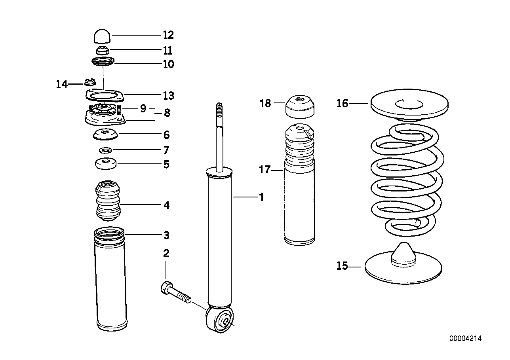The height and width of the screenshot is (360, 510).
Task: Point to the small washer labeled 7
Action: tap(105, 150)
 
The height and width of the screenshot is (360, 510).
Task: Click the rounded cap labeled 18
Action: tap(300, 106)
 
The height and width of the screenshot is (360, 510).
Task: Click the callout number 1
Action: tap(261, 197)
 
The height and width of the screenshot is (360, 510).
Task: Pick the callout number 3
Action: tap(166, 235)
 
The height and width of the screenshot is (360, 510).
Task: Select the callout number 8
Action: tap(167, 113)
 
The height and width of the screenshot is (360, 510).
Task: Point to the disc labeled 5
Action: tap(105, 163)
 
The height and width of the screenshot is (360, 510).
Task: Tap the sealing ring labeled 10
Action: tap(103, 62)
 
